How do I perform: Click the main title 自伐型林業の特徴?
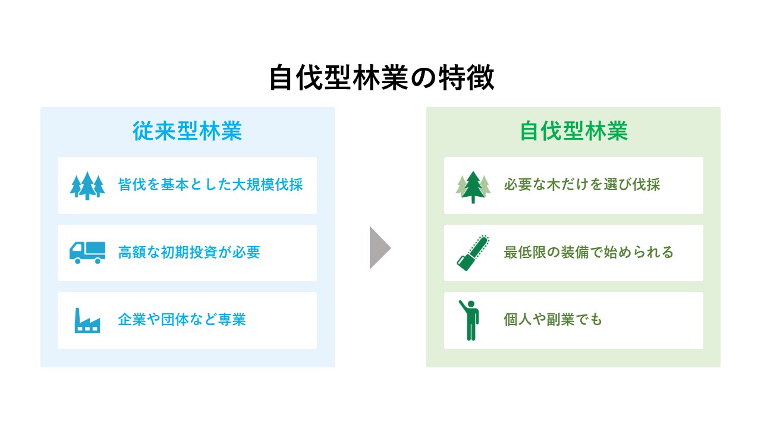click(382, 78)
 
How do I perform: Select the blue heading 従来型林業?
click(187, 131)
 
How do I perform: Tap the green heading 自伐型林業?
click(574, 131)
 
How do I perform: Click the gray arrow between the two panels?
click(380, 248)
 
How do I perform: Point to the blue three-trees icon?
click(87, 185)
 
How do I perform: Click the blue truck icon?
click(87, 253)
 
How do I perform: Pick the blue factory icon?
click(87, 320)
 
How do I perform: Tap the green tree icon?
click(473, 187)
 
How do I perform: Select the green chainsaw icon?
click(473, 253)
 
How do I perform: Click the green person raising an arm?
click(470, 320)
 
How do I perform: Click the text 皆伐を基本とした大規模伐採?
click(210, 185)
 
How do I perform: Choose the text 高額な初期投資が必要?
click(189, 253)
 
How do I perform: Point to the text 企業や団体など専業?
click(182, 320)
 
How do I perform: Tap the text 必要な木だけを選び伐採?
click(582, 185)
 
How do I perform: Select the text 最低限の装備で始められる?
click(589, 253)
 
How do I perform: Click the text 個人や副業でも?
click(553, 320)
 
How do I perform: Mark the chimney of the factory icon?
click(78, 315)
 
